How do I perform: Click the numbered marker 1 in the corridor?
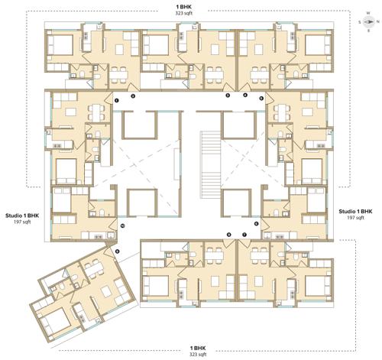pos(116,100)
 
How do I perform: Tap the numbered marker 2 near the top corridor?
pos(132,96)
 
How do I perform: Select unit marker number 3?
pos(228,96)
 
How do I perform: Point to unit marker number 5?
pos(261,98)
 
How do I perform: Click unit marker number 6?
pos(257,224)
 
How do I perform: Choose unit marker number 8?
pos(228,235)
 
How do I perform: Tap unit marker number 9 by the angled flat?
pos(117,251)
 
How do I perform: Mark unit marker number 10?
pos(122,226)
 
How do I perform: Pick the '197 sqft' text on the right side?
pos(355,218)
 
